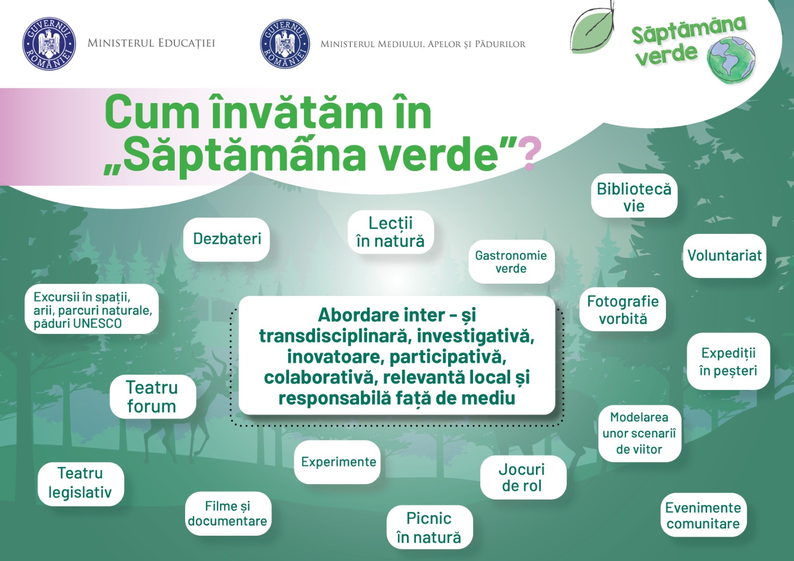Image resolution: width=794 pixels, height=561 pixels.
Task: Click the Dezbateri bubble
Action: click(227, 239)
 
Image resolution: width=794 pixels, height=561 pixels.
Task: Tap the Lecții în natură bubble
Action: click(391, 232)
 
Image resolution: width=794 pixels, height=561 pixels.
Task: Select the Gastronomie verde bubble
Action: click(511, 262)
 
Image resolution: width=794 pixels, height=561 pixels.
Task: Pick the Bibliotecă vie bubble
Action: click(634, 196)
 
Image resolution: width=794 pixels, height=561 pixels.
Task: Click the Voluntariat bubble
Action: click(724, 255)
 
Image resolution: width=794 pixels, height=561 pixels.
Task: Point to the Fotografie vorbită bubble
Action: click(623, 310)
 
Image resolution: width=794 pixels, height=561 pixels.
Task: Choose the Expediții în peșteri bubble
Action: click(728, 362)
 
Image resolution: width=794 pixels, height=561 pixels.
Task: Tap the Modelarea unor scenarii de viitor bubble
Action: click(639, 434)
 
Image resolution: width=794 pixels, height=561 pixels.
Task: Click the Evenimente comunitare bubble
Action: click(703, 515)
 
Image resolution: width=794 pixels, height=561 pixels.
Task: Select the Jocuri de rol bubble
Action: click(522, 477)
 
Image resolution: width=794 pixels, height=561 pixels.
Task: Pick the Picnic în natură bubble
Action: click(429, 527)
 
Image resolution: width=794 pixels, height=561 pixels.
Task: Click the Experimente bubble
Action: click(338, 462)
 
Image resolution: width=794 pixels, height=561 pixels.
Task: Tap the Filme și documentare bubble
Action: click(228, 513)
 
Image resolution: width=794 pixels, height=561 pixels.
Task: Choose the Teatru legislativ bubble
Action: click(80, 483)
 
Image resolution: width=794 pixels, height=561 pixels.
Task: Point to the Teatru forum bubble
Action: click(152, 397)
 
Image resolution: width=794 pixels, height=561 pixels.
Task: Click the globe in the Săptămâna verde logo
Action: click(731, 61)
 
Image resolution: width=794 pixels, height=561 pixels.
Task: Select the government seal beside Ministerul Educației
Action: click(49, 44)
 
